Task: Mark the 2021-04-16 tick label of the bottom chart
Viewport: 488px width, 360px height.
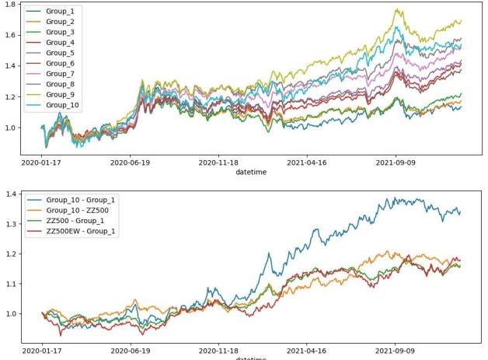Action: coord(309,351)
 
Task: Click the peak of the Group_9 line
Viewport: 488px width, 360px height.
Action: coord(398,9)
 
